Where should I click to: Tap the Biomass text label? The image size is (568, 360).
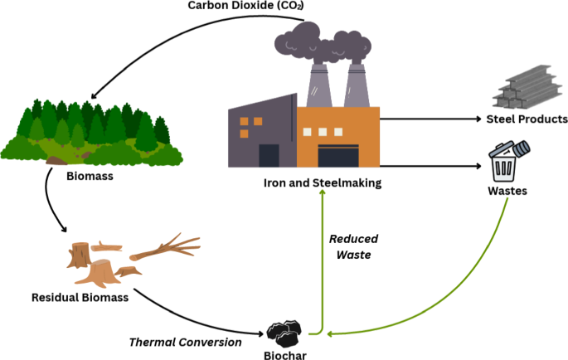tap(90, 176)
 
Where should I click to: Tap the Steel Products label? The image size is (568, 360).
tap(527, 119)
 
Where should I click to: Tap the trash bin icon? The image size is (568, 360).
tap(504, 161)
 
